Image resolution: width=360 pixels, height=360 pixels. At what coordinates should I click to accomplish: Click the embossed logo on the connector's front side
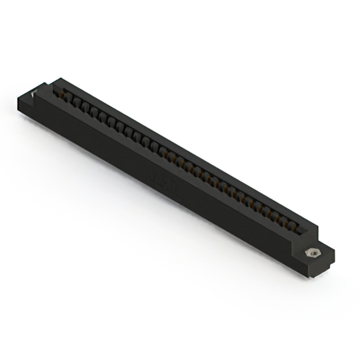click(165, 183)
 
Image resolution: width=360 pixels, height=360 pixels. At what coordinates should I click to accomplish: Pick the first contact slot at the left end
click(66, 97)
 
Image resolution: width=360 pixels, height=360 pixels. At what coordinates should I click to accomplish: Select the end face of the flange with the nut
click(328, 264)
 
